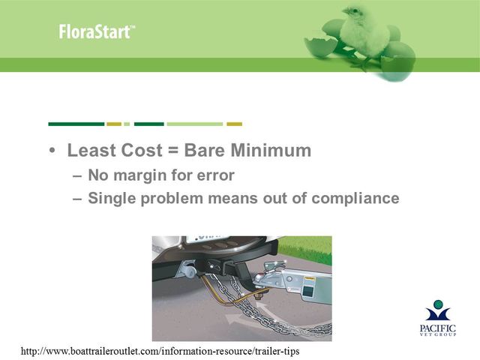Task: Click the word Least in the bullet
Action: pos(91,150)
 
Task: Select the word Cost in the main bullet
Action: pos(142,150)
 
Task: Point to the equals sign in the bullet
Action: pos(173,151)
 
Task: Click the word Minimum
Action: pos(271,150)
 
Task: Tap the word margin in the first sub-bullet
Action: pos(140,176)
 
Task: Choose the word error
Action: pos(216,175)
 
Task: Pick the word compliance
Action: pos(355,199)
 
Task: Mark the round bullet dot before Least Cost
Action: pos(52,151)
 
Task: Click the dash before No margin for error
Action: pos(77,176)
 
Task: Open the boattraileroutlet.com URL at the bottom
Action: pos(160,351)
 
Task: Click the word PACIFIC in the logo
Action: pos(438,328)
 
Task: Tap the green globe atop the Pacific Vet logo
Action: pos(438,304)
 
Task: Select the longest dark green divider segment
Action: pos(76,124)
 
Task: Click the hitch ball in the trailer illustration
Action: pos(258,279)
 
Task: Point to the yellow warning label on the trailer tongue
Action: pos(309,278)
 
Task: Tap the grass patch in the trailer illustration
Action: pos(306,250)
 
